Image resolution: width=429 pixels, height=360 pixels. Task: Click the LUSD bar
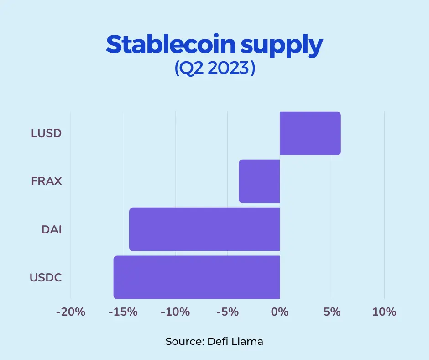tap(310, 133)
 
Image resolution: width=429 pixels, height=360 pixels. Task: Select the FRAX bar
tap(259, 181)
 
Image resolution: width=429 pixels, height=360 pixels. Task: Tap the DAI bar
tap(204, 229)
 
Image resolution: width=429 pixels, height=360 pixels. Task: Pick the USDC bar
tap(197, 277)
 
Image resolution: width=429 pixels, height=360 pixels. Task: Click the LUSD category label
tap(46, 133)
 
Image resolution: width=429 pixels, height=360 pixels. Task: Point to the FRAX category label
tap(46, 181)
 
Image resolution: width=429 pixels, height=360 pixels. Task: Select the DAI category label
tap(52, 229)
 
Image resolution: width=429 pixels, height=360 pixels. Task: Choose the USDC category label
tap(46, 277)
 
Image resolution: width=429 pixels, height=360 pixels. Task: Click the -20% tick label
tap(71, 312)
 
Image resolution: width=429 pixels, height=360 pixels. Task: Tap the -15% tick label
tap(123, 312)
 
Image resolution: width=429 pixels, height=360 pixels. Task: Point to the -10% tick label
tap(175, 312)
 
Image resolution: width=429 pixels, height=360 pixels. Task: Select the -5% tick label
tap(227, 312)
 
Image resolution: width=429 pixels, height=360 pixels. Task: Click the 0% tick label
tap(280, 312)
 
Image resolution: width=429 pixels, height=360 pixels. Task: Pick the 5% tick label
tap(332, 312)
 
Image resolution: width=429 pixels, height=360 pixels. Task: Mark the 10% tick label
tap(384, 312)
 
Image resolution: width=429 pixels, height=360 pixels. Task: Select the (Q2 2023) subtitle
tap(214, 69)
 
